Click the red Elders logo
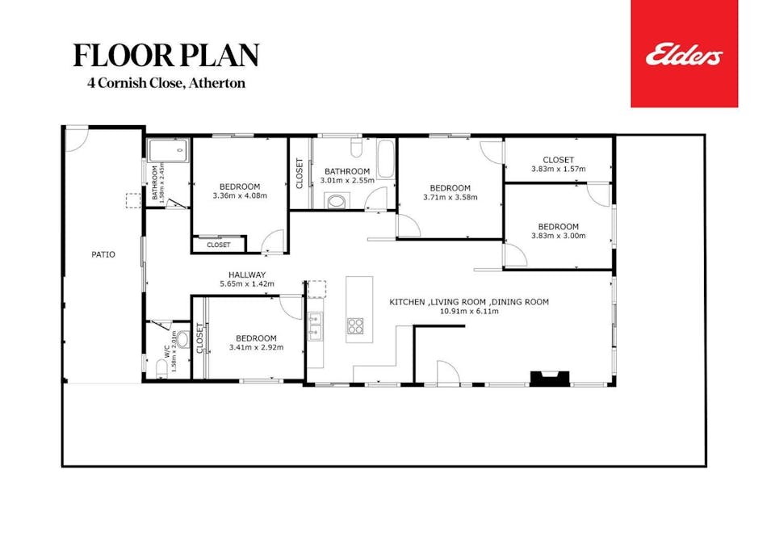pos(684,54)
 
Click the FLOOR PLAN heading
pos(166,55)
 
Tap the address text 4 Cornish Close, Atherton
pos(167,82)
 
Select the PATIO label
pos(103,254)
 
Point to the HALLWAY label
pos(247,275)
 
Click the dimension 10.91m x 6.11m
pos(468,312)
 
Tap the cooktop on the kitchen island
pos(356,326)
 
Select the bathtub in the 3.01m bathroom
pos(385,159)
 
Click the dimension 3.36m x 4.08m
pos(239,195)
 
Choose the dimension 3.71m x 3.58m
pos(450,197)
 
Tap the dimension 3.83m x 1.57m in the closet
pos(558,169)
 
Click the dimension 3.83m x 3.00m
pos(558,236)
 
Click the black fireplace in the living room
pos(549,377)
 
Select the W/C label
pos(166,353)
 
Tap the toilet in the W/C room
pos(182,339)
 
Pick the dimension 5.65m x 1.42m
pos(247,284)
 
